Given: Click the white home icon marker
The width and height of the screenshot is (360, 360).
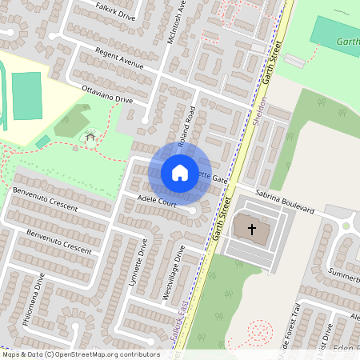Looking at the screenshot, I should tap(179, 173).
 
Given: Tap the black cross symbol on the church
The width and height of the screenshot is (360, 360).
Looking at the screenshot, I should tap(252, 230).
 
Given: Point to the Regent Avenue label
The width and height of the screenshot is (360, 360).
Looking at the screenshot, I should tap(118, 58).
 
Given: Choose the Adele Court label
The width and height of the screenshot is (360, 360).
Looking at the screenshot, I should tap(156, 203).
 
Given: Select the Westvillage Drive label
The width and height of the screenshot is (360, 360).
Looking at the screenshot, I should tap(174, 273).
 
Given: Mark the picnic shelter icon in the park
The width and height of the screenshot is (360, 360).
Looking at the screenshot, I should tap(90, 138).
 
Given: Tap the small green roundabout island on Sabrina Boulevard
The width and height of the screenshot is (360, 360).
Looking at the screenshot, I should tap(346, 226).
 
